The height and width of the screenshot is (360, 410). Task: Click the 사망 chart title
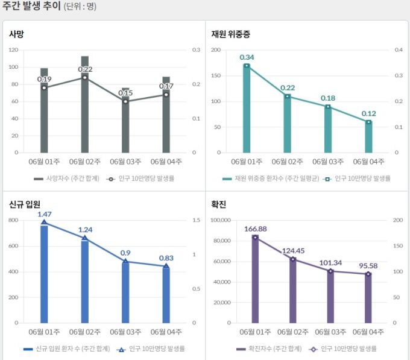[17, 34]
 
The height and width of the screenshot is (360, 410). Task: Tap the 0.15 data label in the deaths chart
[125, 93]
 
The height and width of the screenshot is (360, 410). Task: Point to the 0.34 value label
[246, 57]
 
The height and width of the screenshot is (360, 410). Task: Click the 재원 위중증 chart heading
[230, 34]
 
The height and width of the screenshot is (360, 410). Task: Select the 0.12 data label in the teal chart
[368, 113]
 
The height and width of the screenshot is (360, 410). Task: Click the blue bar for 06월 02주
[84, 280]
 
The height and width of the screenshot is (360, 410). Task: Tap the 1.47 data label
[45, 214]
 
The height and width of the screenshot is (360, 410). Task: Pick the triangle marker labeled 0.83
[166, 267]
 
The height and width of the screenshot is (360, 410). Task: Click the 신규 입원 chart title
[25, 204]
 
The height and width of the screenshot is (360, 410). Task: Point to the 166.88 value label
[255, 229]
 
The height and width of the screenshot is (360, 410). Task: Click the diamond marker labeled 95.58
[368, 274]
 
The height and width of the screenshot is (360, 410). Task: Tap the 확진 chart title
[219, 204]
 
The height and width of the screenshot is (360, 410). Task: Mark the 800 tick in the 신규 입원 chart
[14, 220]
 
